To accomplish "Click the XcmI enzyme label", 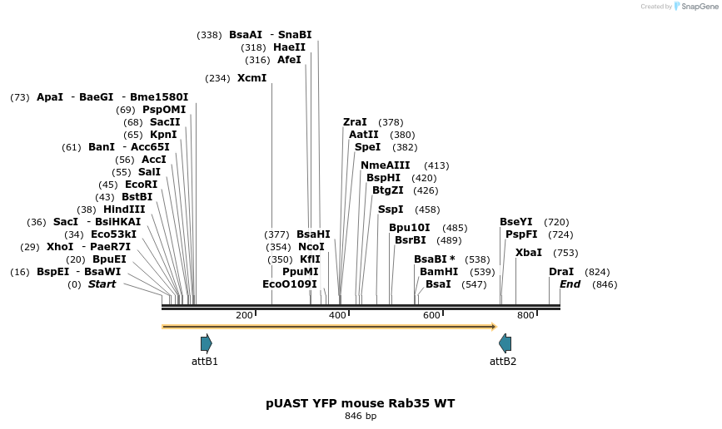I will pyautogui.click(x=251, y=78).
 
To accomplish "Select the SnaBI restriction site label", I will pyautogui.click(x=295, y=35).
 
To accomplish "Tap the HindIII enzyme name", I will pyautogui.click(x=124, y=210).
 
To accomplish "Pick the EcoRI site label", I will pyautogui.click(x=140, y=185).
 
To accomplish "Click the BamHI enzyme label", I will pyautogui.click(x=439, y=272).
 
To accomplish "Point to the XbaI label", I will pyautogui.click(x=529, y=253).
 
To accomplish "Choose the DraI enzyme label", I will pyautogui.click(x=561, y=272).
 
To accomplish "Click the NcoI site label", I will pyautogui.click(x=311, y=247).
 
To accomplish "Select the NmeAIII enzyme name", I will pyautogui.click(x=386, y=165).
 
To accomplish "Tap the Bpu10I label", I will pyautogui.click(x=410, y=228).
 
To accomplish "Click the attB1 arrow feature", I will pyautogui.click(x=206, y=343).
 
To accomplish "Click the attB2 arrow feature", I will pyautogui.click(x=505, y=343).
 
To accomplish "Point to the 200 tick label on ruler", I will pyautogui.click(x=244, y=316).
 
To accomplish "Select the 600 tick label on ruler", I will pyautogui.click(x=431, y=316).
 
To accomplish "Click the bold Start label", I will pyautogui.click(x=102, y=284).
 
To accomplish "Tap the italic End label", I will pyautogui.click(x=570, y=284).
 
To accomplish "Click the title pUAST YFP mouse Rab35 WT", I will pyautogui.click(x=361, y=403).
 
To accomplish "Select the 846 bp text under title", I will pyautogui.click(x=361, y=417).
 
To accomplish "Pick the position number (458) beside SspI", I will pyautogui.click(x=427, y=210).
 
